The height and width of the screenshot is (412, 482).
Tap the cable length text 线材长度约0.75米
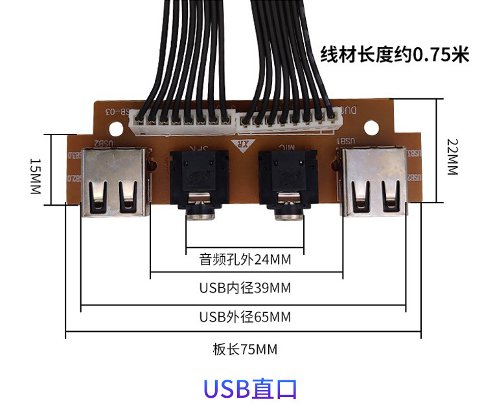395,56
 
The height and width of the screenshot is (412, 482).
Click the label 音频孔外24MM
245,260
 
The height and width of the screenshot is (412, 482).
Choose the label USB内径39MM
245,288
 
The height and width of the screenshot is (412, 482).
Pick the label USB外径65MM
245,318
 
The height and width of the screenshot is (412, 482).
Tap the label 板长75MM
245,349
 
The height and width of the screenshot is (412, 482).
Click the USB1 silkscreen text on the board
345,140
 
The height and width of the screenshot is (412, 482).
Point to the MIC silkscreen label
282,148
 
